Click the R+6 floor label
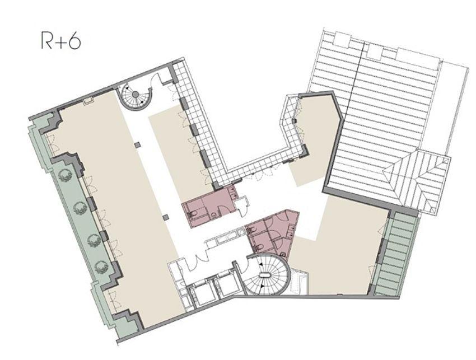60,42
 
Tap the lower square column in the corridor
166,217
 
